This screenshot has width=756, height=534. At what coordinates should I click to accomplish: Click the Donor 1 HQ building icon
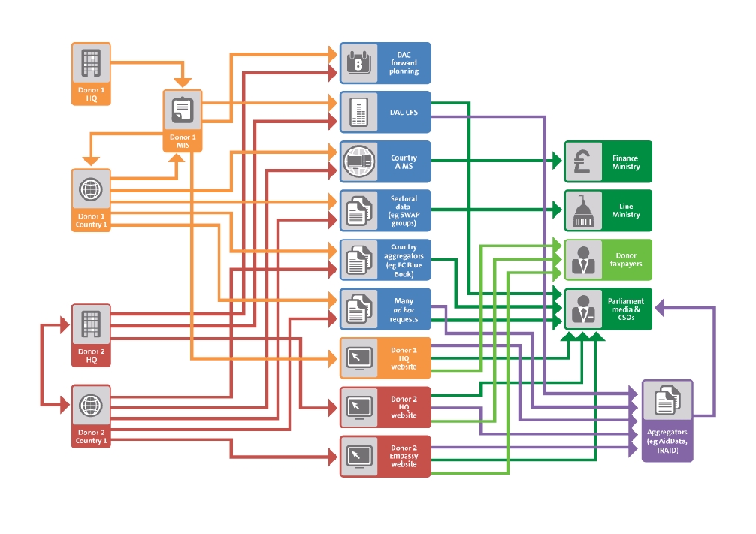tap(91, 63)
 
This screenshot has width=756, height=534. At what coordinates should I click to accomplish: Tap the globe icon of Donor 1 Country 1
tap(91, 189)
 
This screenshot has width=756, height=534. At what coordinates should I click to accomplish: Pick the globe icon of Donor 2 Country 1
tap(91, 406)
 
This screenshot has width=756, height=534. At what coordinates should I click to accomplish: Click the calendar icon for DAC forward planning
tap(358, 63)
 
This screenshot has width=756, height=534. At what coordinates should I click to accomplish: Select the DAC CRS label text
tap(404, 112)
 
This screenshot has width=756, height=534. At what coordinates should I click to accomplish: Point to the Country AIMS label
tap(404, 161)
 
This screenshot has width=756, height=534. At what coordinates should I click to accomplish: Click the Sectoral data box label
tap(404, 210)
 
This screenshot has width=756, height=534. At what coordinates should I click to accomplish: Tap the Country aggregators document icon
tap(358, 260)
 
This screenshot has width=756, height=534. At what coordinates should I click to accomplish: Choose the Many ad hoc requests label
tap(404, 309)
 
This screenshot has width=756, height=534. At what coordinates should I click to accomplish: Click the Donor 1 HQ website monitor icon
tap(358, 358)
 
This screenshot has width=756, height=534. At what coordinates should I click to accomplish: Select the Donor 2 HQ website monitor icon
tap(358, 407)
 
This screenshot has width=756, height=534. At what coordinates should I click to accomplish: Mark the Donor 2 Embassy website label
tap(404, 456)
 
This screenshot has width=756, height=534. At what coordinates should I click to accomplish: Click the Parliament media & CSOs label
tap(625, 309)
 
